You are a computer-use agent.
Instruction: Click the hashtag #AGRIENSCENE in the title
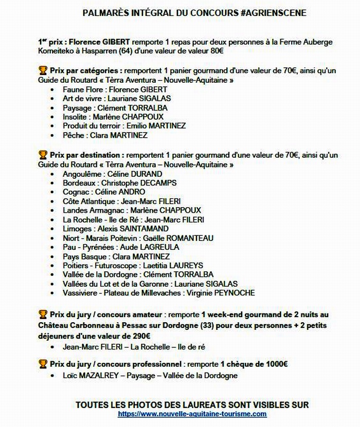click(x=273, y=13)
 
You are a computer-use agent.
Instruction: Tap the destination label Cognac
click(x=77, y=192)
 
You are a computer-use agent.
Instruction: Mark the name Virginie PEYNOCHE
click(x=219, y=293)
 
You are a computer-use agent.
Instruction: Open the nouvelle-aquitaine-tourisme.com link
click(x=192, y=414)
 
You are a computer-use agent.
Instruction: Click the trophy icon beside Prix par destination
click(x=43, y=155)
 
